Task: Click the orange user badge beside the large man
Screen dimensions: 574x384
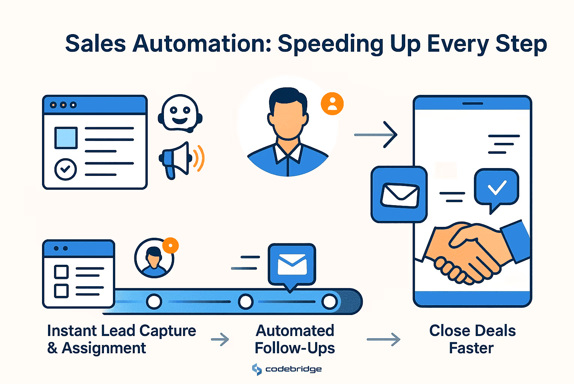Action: click(332, 103)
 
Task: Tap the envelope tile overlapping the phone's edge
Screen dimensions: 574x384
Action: click(399, 194)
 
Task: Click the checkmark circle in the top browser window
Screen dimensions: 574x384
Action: click(65, 169)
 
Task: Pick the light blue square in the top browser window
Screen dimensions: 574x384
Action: click(66, 138)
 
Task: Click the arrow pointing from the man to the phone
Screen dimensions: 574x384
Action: click(376, 135)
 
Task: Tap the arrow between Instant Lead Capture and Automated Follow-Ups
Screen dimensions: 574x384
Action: click(220, 339)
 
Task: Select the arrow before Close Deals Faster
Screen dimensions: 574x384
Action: click(384, 339)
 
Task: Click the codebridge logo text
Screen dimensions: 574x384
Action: click(293, 369)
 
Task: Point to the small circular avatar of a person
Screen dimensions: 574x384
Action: click(154, 258)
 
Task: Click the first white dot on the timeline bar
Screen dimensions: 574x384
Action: click(154, 301)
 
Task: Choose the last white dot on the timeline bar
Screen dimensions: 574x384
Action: click(329, 301)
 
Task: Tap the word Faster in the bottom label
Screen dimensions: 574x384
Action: click(471, 348)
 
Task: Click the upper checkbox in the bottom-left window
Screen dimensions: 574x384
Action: click(61, 272)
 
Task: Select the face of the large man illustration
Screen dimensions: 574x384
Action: click(288, 118)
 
